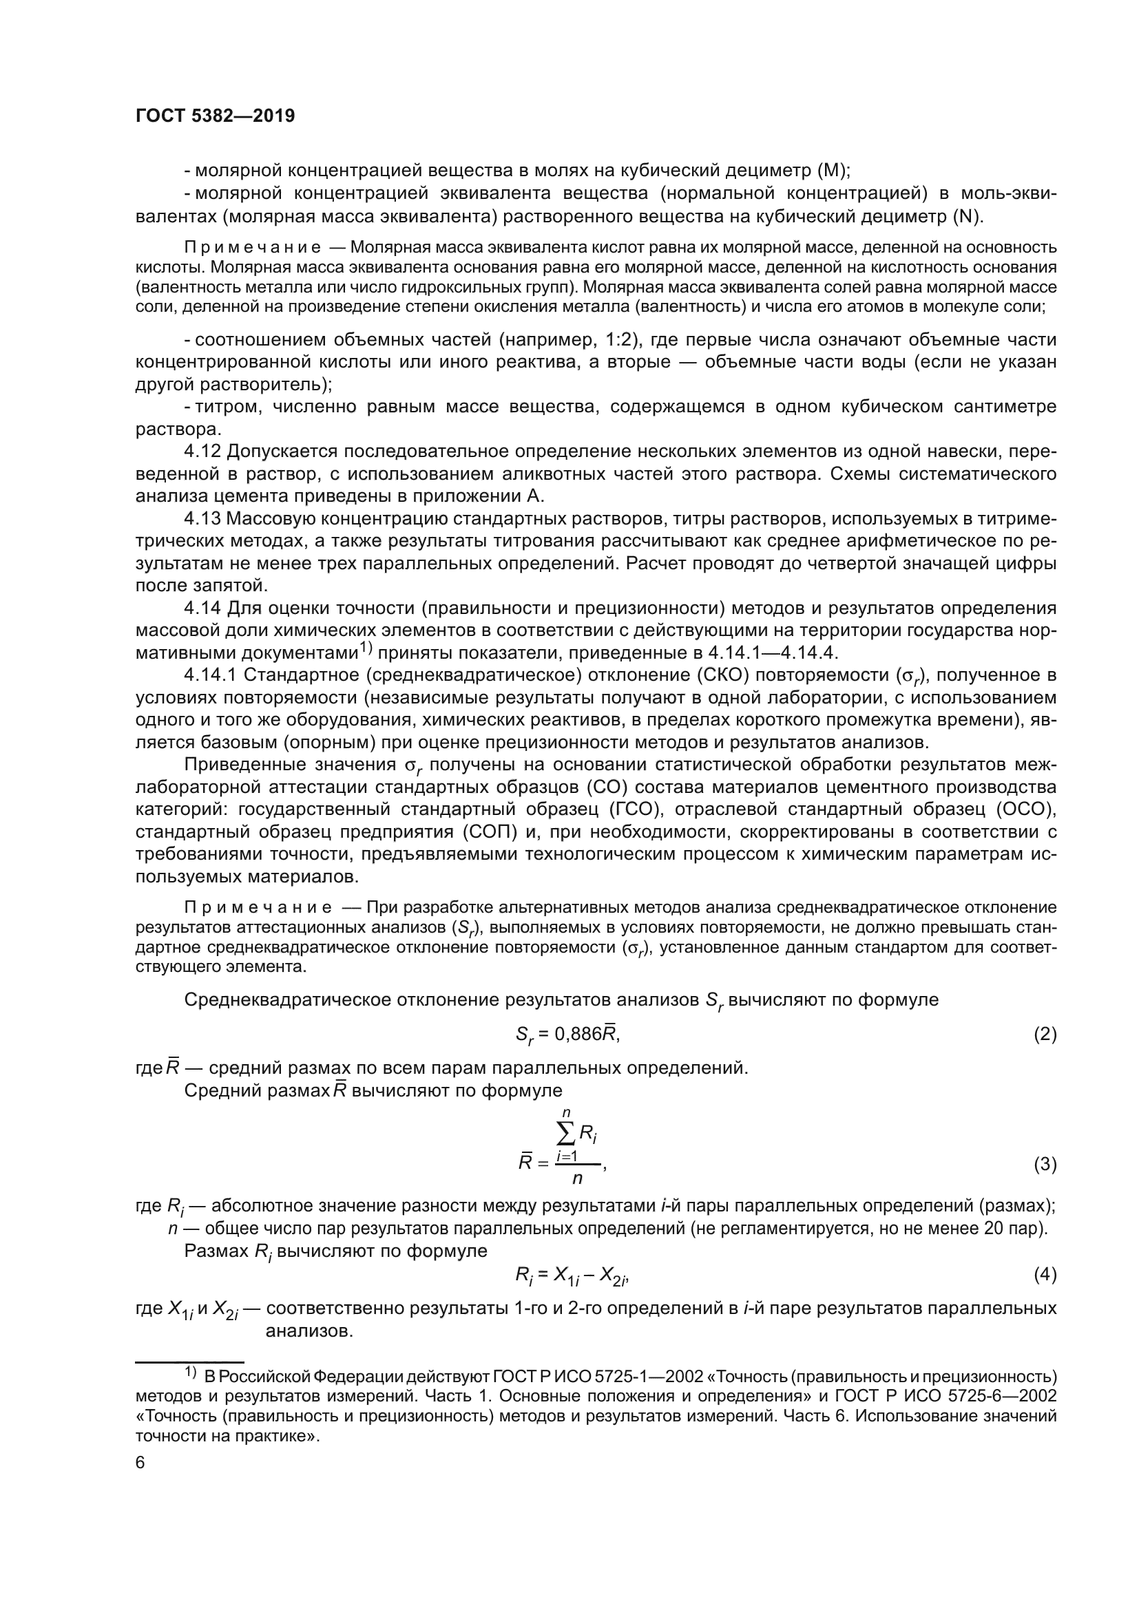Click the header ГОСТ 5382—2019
click(x=215, y=116)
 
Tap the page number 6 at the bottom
click(x=140, y=1463)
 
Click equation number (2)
click(x=1045, y=1035)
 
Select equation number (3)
click(x=1045, y=1165)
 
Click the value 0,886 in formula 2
click(x=578, y=1035)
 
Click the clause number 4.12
click(x=203, y=452)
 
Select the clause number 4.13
click(x=203, y=519)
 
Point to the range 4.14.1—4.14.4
click(x=772, y=653)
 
